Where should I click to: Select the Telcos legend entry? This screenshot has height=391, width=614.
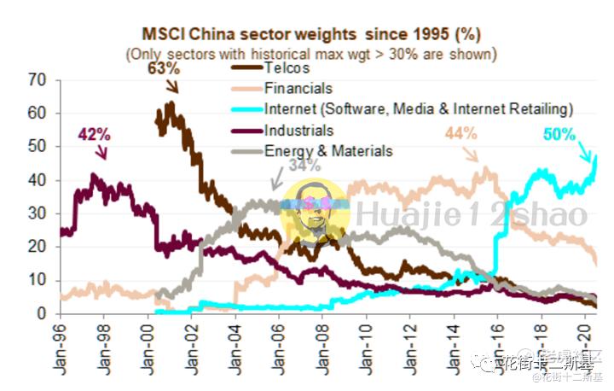click(x=286, y=68)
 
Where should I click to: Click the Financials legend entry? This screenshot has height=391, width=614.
click(x=298, y=88)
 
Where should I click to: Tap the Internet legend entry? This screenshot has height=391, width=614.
click(x=418, y=109)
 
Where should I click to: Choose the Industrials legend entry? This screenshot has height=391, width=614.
click(x=298, y=131)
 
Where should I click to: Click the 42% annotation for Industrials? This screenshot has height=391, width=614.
click(x=95, y=134)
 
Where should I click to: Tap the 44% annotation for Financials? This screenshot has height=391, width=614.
click(x=460, y=133)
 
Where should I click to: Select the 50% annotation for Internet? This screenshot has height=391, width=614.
click(x=559, y=134)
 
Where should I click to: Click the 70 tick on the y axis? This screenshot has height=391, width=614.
click(x=37, y=79)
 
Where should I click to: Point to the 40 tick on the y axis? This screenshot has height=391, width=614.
click(x=37, y=180)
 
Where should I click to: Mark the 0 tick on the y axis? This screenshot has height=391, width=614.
click(x=41, y=314)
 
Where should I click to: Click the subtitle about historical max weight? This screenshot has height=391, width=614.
click(x=311, y=54)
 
